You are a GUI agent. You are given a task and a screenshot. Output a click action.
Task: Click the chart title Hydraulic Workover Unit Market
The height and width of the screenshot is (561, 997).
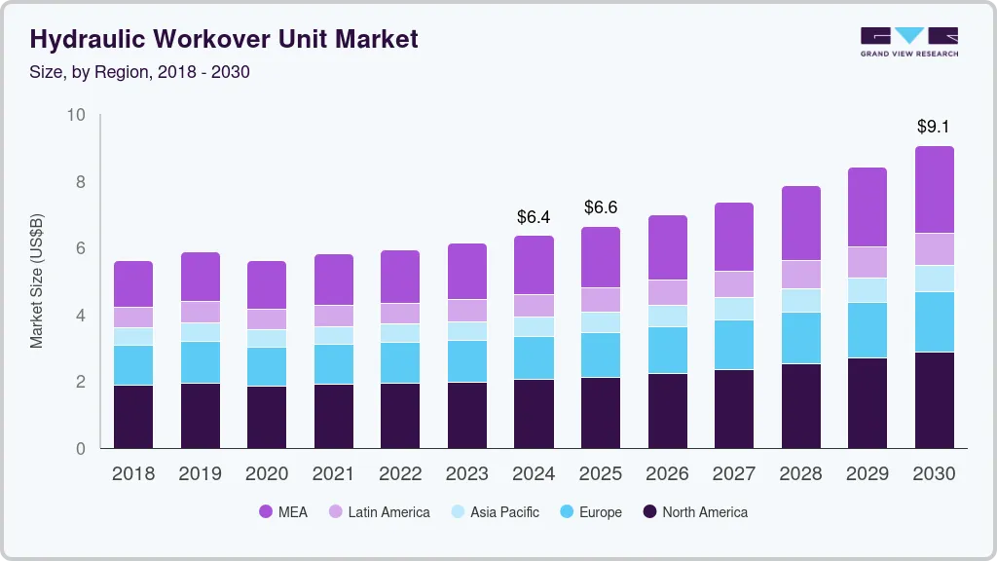click(x=224, y=39)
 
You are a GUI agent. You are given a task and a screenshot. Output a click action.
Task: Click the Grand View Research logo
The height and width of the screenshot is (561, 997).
click(x=908, y=41)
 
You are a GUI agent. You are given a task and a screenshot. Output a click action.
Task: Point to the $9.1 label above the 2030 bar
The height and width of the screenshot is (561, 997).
click(x=935, y=127)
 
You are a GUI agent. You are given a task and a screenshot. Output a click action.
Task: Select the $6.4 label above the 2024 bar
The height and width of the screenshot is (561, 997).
click(x=534, y=216)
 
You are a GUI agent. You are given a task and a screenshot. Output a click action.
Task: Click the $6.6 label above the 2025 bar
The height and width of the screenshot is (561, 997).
click(x=601, y=207)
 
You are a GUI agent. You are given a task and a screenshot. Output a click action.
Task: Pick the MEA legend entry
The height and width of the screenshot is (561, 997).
click(x=283, y=511)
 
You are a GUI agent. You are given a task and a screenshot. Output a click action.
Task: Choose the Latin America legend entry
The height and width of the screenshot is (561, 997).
click(x=378, y=511)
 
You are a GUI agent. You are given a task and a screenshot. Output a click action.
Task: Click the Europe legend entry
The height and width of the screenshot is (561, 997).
click(x=589, y=511)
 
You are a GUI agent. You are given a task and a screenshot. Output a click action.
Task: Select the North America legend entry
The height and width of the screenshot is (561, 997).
click(x=694, y=511)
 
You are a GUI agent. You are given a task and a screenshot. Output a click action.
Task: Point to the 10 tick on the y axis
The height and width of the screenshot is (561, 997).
click(x=76, y=115)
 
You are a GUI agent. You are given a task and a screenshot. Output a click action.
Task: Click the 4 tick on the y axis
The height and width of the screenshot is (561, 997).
click(x=81, y=316)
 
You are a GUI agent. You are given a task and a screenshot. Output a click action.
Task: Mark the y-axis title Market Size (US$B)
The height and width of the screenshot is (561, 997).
click(x=36, y=281)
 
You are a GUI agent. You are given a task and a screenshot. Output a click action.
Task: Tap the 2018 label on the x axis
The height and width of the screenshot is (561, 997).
click(x=132, y=473)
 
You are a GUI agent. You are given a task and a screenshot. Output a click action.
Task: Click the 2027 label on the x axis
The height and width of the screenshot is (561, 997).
click(x=734, y=473)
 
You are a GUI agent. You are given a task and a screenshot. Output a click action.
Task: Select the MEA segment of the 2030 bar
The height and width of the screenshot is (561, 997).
click(x=935, y=190)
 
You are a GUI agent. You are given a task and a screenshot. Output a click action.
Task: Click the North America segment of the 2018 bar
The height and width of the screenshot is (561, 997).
click(x=133, y=417)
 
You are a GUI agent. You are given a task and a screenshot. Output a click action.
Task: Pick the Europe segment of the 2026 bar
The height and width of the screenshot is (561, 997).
click(x=668, y=350)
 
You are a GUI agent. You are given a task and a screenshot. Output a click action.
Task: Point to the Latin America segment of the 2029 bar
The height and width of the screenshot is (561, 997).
click(x=868, y=262)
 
